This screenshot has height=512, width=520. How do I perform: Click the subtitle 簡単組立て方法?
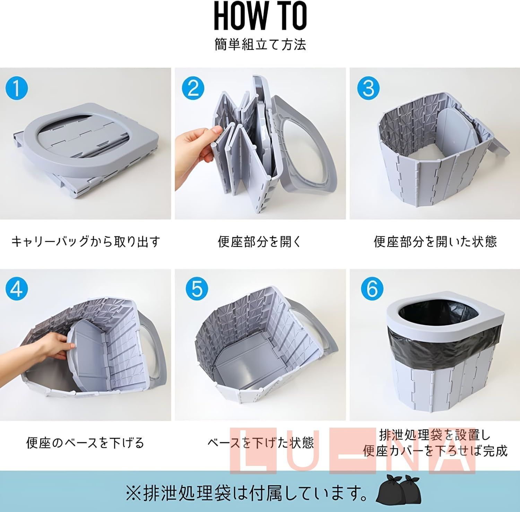(260, 45)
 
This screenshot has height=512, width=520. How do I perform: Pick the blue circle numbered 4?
(17, 289)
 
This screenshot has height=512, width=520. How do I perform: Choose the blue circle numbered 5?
(197, 289)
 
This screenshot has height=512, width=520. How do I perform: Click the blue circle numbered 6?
(372, 289)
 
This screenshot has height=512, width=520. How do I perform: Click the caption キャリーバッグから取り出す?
(86, 241)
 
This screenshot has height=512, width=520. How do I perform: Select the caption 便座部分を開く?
(260, 241)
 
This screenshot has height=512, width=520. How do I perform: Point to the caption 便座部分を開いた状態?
(435, 241)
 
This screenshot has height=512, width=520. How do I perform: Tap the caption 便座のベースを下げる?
(85, 443)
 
